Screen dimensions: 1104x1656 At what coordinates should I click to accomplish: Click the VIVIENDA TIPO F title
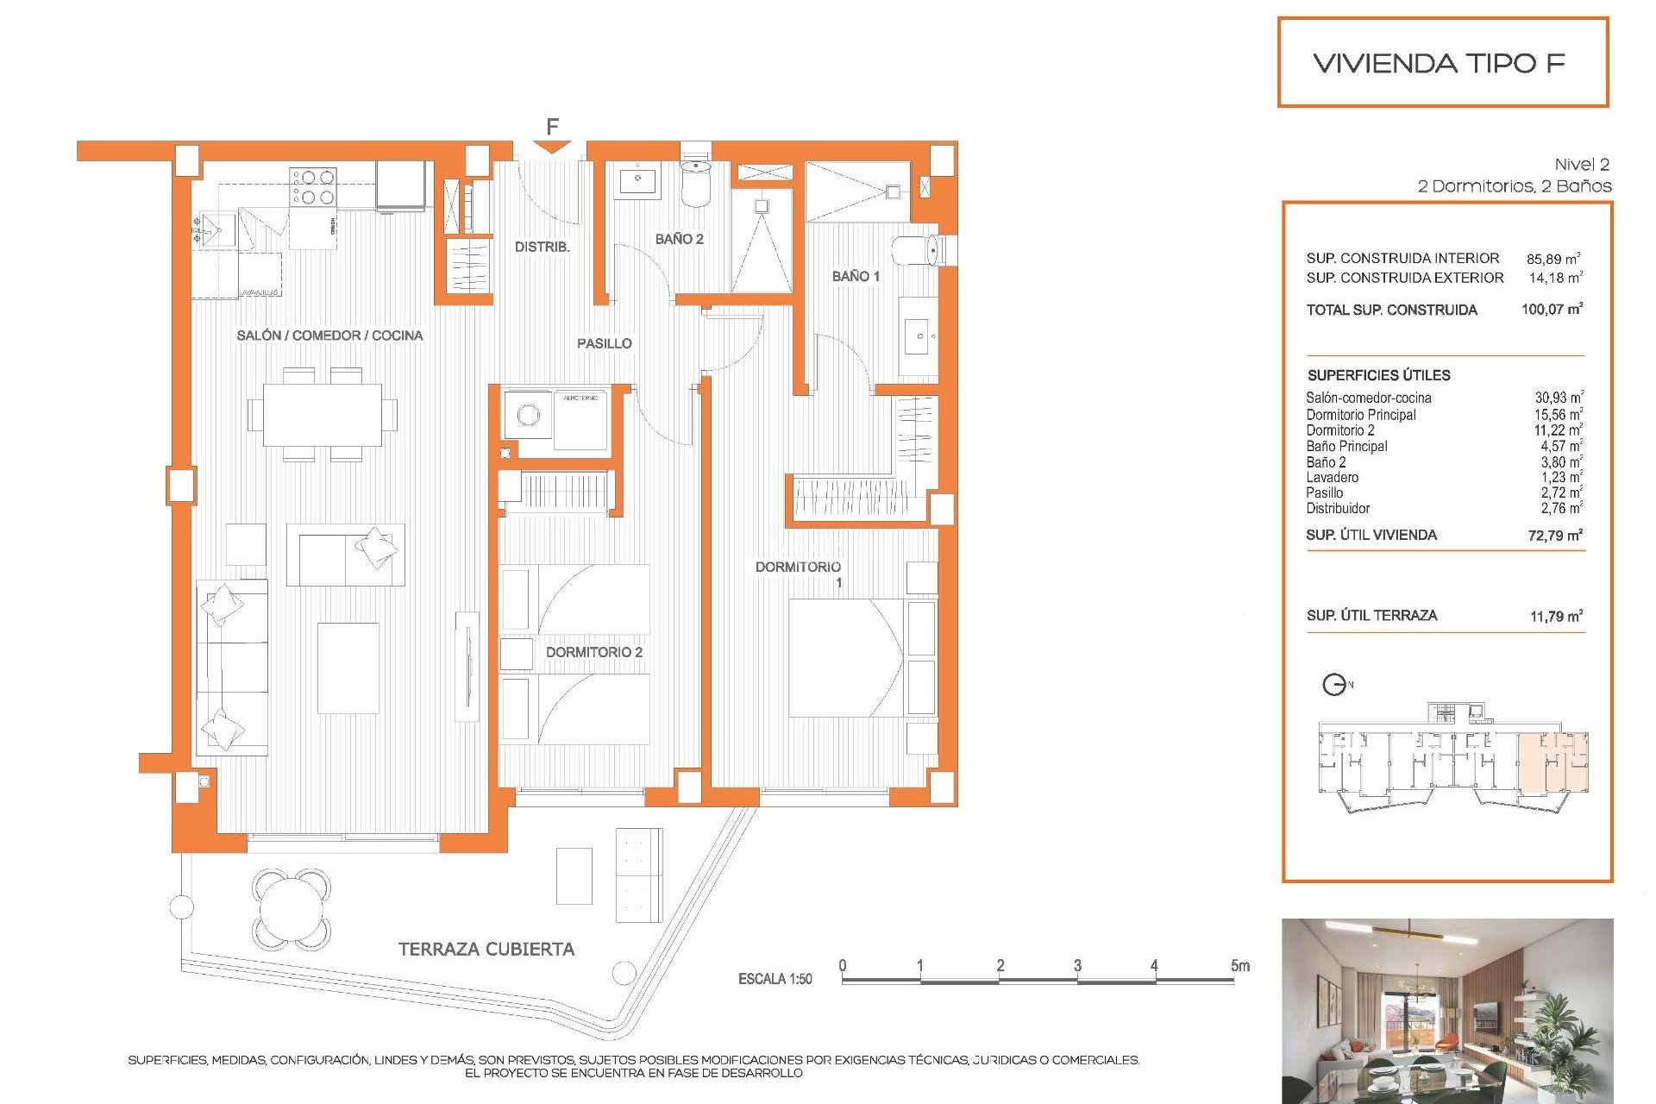[x=1439, y=63]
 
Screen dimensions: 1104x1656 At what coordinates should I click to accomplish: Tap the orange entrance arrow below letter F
[x=552, y=147]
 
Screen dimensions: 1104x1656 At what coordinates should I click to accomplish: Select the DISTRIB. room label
[x=542, y=247]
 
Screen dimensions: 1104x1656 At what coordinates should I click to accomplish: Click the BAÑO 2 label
[x=679, y=239]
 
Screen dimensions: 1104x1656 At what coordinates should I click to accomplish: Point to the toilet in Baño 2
[x=696, y=182]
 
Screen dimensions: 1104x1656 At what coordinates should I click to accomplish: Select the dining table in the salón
[x=323, y=415]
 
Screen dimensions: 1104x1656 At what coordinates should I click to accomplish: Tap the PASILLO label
[x=604, y=343]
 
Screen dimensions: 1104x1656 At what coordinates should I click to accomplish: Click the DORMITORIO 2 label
[x=593, y=652]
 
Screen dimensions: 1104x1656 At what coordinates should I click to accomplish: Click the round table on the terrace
[x=292, y=907]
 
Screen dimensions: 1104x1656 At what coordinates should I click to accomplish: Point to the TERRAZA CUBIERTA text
[x=486, y=949]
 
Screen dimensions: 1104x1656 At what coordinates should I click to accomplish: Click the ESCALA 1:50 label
[x=775, y=979]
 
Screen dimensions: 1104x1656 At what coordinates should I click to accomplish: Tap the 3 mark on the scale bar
[x=1077, y=965]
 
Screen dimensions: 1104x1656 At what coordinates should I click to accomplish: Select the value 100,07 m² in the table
[x=1552, y=309]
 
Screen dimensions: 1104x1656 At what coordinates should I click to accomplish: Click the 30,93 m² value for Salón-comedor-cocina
[x=1558, y=398]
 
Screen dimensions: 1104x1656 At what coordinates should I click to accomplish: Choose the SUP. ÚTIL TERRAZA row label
[x=1371, y=615]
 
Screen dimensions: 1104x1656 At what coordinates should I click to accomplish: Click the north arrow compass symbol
[x=1334, y=685]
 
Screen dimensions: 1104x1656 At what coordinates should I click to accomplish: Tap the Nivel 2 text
[x=1581, y=164]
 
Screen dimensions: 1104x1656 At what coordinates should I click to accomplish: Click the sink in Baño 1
[x=918, y=336]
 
